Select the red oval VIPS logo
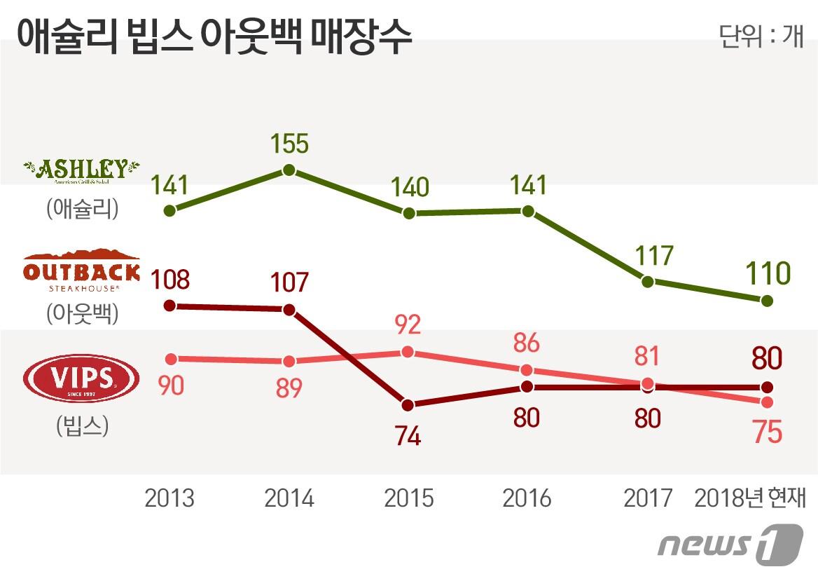[81, 379]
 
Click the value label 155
[289, 144]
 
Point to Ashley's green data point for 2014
[289, 170]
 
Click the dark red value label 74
[408, 436]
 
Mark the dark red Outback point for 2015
[408, 405]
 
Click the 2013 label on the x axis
[169, 498]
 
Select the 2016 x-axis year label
[527, 498]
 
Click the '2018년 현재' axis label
[750, 498]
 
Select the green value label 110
[766, 273]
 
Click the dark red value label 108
[169, 280]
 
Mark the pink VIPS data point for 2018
[767, 402]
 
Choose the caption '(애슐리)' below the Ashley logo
[82, 210]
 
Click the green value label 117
[648, 256]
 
